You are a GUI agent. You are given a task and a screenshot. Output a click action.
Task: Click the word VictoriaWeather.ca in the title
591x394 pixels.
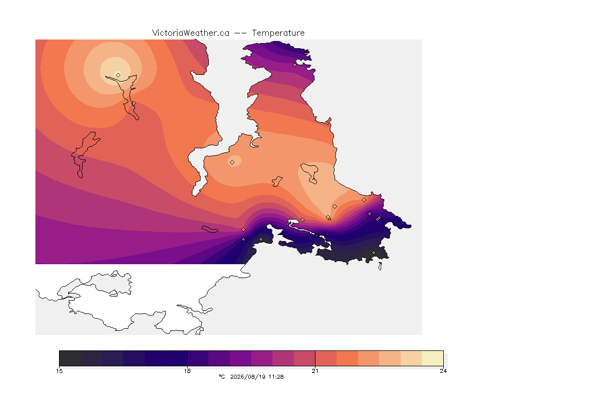coord(191,33)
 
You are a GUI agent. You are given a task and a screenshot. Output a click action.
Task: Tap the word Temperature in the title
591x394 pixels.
coord(278,33)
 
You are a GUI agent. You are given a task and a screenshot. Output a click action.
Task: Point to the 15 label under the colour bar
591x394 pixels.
coord(59,371)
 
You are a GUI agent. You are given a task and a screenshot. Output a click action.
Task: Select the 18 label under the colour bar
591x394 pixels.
coord(187,371)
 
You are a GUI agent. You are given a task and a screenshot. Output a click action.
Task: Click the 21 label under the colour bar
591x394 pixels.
coord(315,371)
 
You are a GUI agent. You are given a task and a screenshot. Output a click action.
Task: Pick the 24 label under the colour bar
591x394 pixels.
coord(443,371)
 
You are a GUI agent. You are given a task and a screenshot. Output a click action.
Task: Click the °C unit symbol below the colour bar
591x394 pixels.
coord(222,377)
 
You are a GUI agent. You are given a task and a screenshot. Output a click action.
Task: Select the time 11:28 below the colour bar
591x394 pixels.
coord(276,377)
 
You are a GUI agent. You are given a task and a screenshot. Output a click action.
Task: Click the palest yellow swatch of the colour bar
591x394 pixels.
coord(432,358)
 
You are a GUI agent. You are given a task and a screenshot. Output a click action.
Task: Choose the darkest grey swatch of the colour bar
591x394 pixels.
coord(70,358)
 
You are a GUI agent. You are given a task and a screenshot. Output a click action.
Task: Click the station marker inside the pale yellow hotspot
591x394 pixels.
coord(119,75)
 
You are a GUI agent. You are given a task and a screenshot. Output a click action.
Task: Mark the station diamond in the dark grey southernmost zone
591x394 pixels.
coord(373,252)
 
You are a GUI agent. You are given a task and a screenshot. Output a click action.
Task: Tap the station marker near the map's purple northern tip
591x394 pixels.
coord(295,65)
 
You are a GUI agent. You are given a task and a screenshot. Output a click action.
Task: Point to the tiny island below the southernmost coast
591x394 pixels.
coord(380,266)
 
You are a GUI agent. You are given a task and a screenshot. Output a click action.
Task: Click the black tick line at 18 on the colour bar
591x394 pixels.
coord(187,358)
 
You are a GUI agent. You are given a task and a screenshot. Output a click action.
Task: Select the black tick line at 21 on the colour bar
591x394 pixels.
coord(315,358)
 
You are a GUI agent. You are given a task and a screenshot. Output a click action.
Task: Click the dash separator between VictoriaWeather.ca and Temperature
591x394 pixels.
coord(241,33)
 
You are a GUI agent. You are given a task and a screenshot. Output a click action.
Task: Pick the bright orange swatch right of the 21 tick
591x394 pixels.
coord(347,358)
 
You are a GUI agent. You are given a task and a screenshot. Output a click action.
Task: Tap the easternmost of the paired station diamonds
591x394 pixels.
coord(379,218)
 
